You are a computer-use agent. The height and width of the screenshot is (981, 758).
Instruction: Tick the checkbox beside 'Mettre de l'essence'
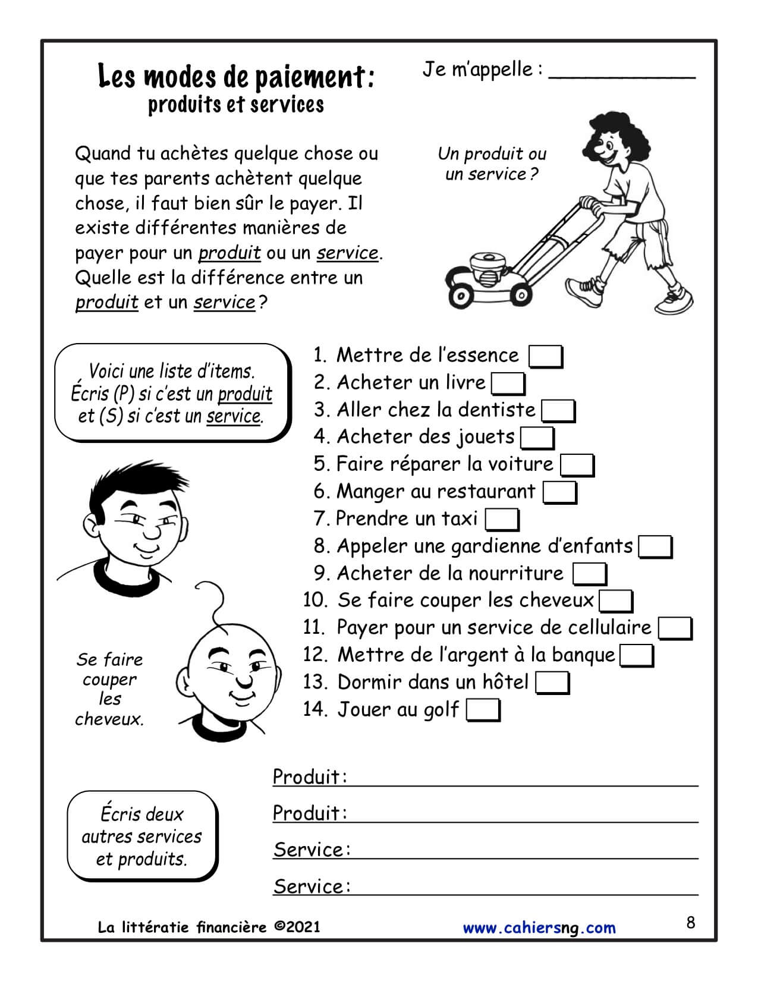[545, 357]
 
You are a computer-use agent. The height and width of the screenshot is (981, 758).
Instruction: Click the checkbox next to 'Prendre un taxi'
[502, 520]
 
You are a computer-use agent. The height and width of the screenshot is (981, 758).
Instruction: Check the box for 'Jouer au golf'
[483, 710]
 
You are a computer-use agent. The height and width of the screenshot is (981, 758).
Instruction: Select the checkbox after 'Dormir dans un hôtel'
[552, 683]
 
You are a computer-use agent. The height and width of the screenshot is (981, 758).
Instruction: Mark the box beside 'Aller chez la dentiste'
[558, 411]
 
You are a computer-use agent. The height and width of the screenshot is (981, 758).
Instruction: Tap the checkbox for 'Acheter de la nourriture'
[589, 574]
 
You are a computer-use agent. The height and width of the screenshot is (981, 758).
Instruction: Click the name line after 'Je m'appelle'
[621, 73]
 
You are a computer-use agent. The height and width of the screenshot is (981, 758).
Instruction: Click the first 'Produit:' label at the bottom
[309, 776]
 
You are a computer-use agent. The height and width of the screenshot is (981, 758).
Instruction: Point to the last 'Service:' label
[312, 886]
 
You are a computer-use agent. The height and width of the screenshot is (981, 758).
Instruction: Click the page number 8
[690, 923]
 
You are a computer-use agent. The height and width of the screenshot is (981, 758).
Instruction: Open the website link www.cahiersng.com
[539, 928]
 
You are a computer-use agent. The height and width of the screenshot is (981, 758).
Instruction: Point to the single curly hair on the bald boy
[214, 600]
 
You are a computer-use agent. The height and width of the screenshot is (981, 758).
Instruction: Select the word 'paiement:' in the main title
[315, 77]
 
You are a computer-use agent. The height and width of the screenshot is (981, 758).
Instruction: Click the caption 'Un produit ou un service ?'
[492, 164]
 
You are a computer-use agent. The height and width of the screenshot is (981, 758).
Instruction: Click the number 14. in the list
[315, 709]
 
